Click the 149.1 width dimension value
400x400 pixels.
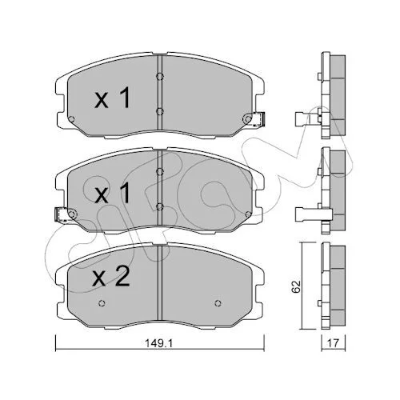(x=159, y=343)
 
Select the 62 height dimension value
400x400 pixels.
(x=296, y=286)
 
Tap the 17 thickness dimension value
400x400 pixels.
(x=334, y=343)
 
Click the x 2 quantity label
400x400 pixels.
(x=111, y=278)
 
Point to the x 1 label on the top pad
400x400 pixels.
(x=113, y=98)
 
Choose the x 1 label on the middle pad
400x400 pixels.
(x=113, y=193)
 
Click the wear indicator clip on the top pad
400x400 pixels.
(x=258, y=119)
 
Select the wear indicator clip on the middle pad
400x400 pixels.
(x=62, y=214)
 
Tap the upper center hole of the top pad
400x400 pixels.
(x=159, y=77)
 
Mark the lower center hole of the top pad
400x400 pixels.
(x=159, y=111)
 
